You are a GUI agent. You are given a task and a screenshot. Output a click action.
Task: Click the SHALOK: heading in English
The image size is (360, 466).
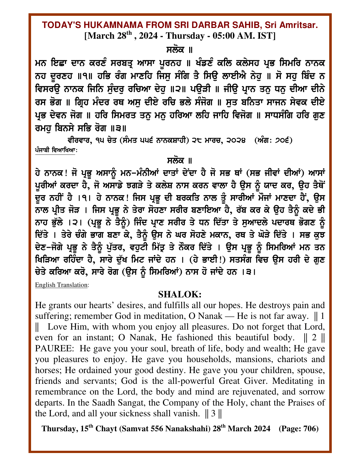click(x=180, y=294)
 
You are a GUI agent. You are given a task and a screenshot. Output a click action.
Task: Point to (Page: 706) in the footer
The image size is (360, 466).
click(x=299, y=429)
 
